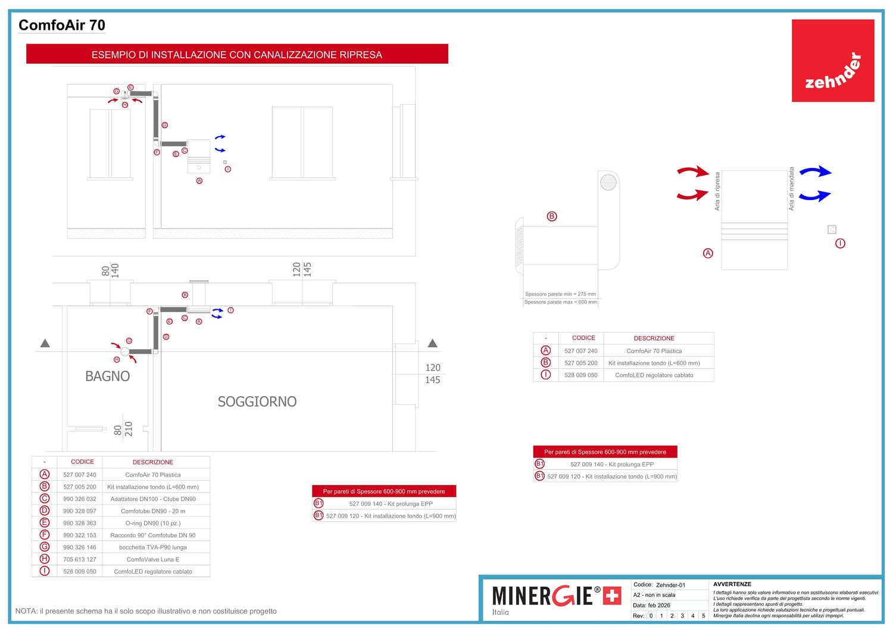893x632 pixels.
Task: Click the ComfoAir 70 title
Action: coord(62,25)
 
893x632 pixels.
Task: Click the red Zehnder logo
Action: coord(832,61)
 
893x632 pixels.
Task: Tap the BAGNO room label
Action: coord(107,376)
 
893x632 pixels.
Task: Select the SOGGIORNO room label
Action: coord(257,402)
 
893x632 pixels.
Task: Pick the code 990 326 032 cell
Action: coord(80,499)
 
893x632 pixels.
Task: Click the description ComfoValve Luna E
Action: coord(153,559)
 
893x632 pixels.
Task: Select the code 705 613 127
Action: coord(80,559)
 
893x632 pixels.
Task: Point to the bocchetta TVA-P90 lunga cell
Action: coord(153,547)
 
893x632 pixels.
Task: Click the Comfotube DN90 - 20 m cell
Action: coord(153,511)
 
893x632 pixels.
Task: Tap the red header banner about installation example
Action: coord(237,54)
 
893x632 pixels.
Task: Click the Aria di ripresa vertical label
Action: coord(717,191)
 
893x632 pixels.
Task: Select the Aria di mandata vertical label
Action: coord(791,189)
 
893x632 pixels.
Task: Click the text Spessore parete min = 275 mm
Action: coord(560,294)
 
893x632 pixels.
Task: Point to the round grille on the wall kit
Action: coord(608,182)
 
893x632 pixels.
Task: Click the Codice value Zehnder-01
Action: coord(670,585)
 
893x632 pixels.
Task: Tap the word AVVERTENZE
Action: coord(732,584)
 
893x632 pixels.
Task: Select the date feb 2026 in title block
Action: coord(659,605)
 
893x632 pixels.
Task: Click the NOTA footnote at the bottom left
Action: coord(146,611)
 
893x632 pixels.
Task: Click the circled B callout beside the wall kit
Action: coord(552,216)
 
